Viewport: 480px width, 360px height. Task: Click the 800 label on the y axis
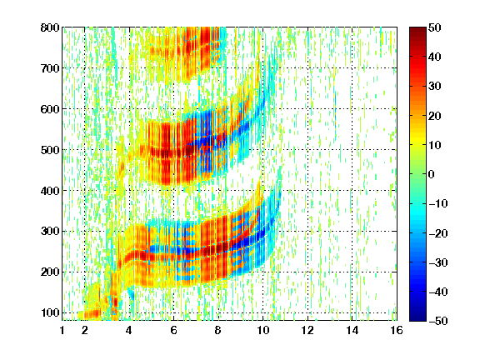pos(50,27)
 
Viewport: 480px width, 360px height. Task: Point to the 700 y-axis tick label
pos(50,68)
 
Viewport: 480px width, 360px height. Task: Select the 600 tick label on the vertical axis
pos(50,109)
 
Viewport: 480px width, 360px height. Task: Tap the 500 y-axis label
pos(50,150)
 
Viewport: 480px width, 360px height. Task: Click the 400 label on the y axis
pos(50,191)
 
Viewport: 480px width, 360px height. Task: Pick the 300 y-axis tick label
pos(50,232)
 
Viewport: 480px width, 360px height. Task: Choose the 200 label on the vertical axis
pos(50,272)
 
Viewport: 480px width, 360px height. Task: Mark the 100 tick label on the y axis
pos(50,312)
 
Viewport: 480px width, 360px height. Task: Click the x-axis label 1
pos(62,330)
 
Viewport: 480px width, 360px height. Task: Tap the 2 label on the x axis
pos(85,330)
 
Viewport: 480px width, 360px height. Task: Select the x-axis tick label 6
pos(173,330)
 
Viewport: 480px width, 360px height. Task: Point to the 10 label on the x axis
pos(262,330)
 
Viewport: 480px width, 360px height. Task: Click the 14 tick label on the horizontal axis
pos(352,330)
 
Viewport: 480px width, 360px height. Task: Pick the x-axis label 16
pos(397,330)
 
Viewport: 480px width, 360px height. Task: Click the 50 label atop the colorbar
pos(435,27)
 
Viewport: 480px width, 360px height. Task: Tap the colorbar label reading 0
pos(432,174)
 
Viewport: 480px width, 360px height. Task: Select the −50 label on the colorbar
pos(438,321)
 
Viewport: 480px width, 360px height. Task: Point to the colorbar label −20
pos(438,233)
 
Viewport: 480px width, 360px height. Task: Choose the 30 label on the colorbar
pos(435,87)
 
